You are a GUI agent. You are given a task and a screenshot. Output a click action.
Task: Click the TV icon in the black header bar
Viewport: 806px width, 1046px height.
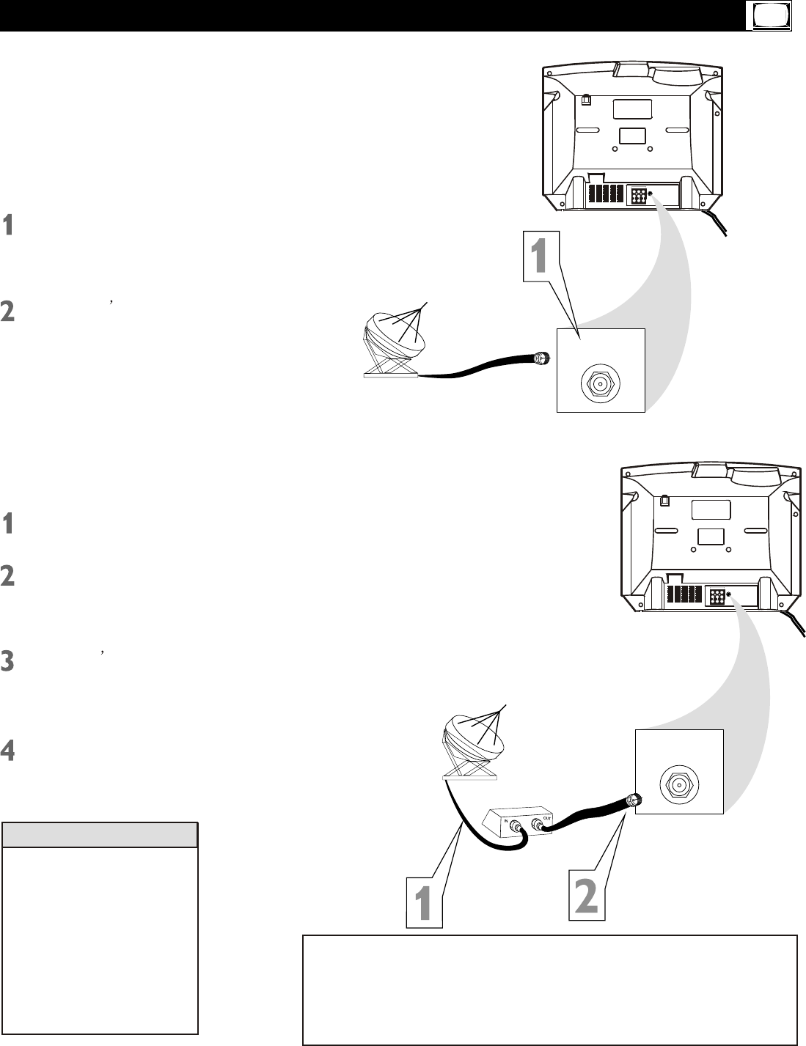click(768, 16)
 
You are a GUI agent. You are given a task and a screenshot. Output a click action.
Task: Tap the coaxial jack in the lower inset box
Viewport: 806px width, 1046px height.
click(679, 784)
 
